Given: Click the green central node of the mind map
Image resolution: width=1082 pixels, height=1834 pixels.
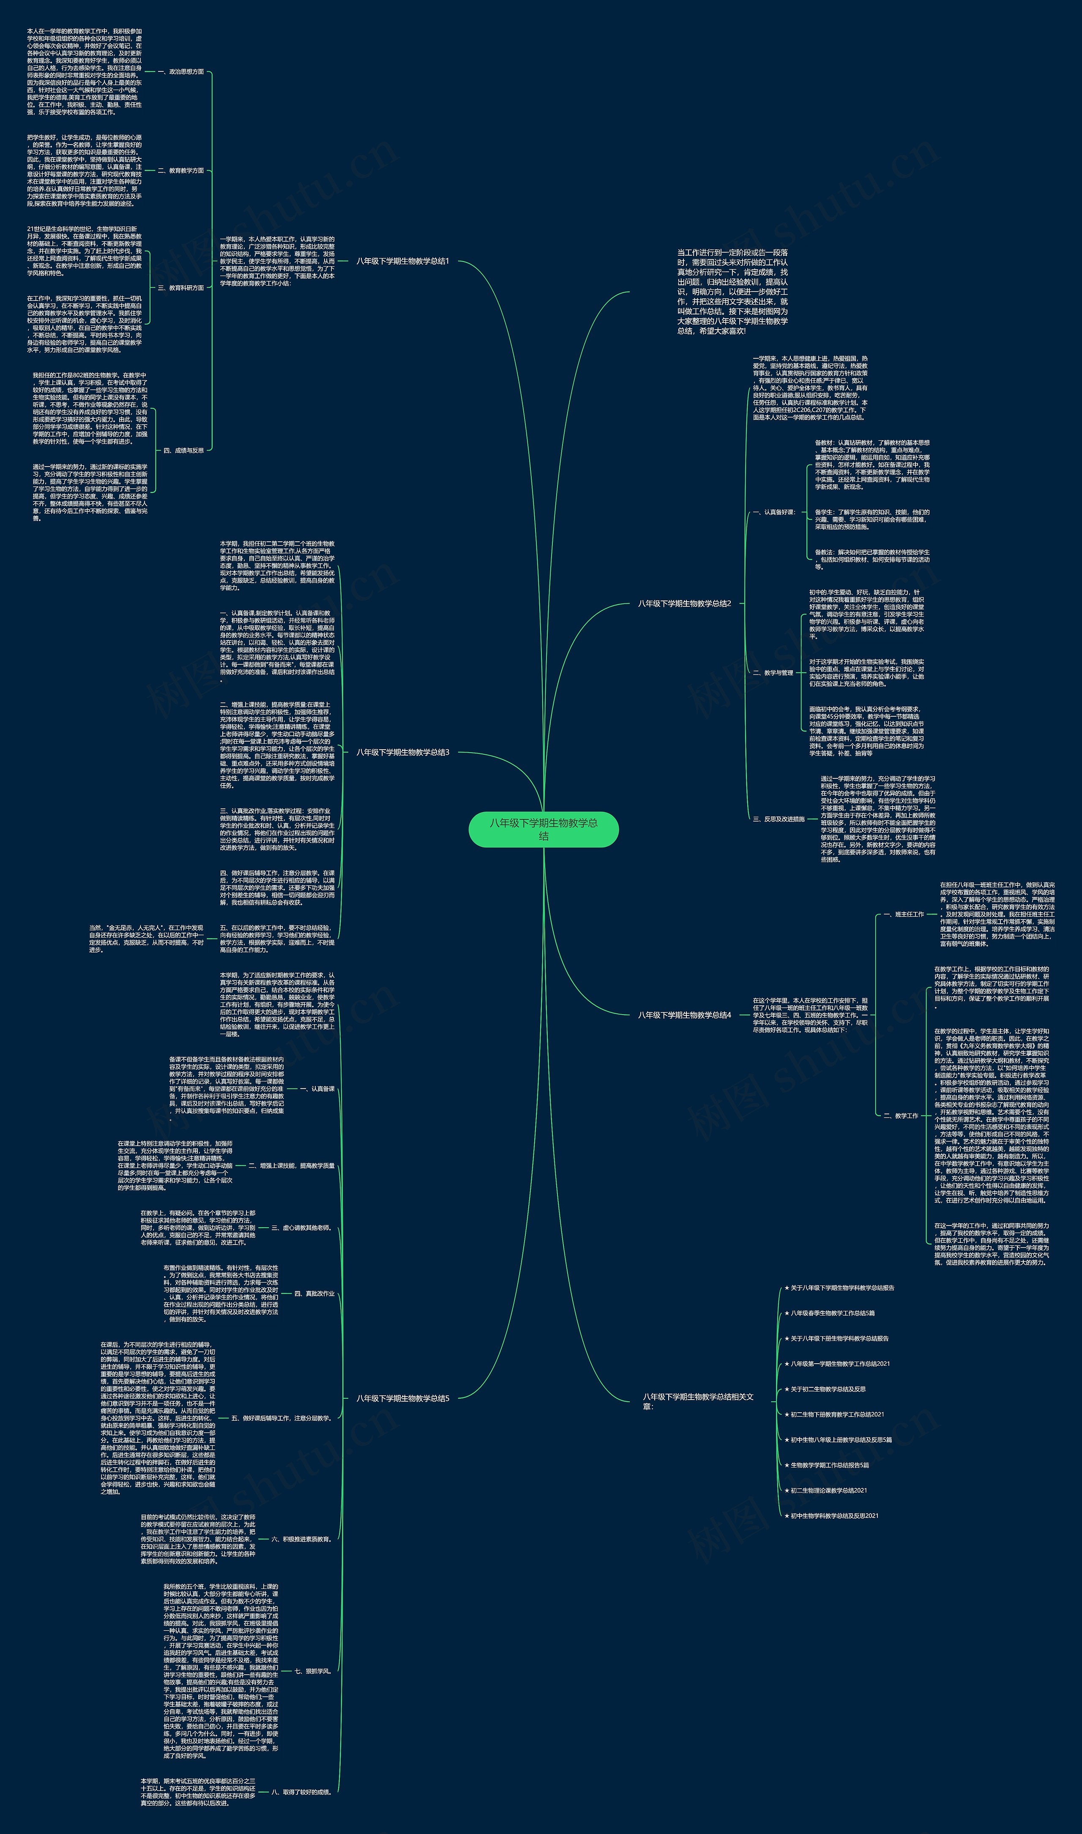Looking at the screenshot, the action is [543, 830].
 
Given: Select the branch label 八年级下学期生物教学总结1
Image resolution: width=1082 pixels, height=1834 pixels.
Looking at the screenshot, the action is [402, 261].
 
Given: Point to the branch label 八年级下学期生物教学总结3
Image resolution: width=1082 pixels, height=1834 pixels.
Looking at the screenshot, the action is [402, 752].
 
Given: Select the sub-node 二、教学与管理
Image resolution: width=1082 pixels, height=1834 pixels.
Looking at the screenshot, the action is [773, 673].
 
